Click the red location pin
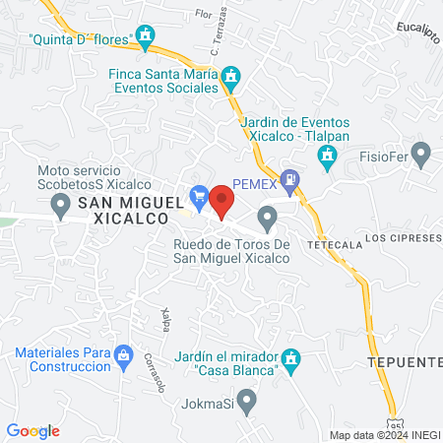(222, 201)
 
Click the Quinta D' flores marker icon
(147, 38)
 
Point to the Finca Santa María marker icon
(231, 76)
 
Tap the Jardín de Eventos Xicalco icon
(326, 156)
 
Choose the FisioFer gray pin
(421, 153)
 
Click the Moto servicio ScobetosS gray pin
(60, 205)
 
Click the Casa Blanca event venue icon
(290, 360)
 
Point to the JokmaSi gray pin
(247, 402)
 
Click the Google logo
(33, 431)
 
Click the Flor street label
(204, 15)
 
